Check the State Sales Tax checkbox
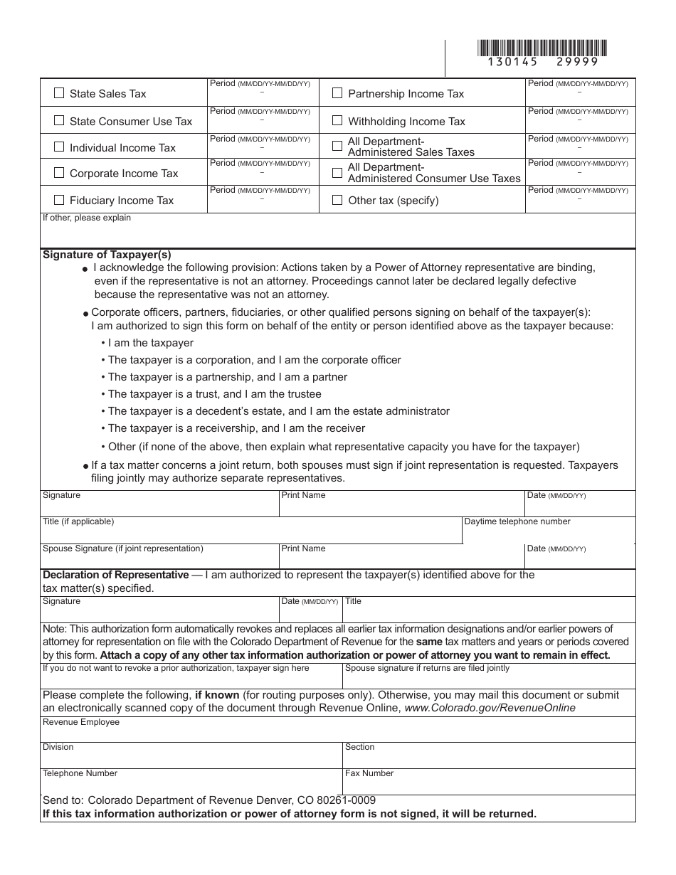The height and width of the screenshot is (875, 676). (59, 93)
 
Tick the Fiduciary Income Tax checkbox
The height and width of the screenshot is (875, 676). (59, 200)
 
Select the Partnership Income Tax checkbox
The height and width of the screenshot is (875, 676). (337, 93)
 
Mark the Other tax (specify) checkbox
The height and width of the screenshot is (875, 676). (337, 200)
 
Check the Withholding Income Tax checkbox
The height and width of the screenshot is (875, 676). (337, 121)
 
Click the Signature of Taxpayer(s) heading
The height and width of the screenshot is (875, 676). (107, 255)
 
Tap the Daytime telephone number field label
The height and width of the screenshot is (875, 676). (517, 521)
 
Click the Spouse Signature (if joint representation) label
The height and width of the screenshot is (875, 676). (123, 548)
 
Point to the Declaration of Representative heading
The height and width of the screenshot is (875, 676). (116, 575)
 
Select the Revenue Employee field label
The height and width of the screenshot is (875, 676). (81, 722)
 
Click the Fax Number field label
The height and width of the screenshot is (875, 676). (369, 773)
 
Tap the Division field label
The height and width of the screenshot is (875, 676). (58, 747)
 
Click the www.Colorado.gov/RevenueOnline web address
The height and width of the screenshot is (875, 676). (490, 708)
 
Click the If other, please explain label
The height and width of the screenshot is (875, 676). (87, 218)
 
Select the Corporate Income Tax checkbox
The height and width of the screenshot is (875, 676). (59, 173)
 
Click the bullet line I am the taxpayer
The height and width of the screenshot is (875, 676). (150, 343)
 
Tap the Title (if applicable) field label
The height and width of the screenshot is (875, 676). (78, 521)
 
